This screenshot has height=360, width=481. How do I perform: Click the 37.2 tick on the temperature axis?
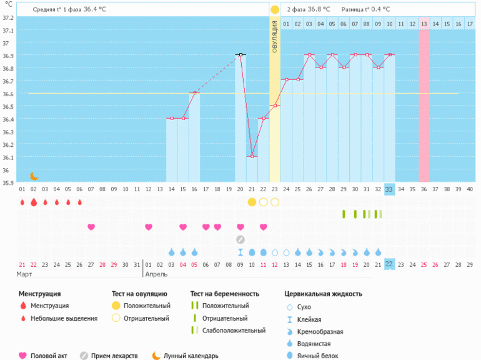coord(8,17)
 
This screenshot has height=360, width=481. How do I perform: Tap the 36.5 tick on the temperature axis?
coord(8,106)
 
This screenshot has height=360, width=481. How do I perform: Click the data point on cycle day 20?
coord(241,55)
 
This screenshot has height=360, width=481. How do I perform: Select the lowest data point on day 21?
coord(252,156)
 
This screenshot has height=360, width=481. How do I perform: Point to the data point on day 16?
coord(195,93)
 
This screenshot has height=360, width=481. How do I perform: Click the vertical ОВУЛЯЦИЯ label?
coord(275,36)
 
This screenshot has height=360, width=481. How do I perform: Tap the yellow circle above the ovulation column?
coord(275,9)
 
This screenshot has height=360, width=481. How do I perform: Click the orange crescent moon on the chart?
coord(34,176)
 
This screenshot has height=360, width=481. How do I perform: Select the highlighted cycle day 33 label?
coord(389,189)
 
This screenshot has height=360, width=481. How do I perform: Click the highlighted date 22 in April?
coord(389,264)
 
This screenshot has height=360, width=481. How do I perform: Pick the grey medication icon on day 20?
coord(241,239)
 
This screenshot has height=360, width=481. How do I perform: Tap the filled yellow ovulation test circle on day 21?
coord(252,202)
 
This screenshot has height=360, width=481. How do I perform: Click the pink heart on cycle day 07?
coord(91,227)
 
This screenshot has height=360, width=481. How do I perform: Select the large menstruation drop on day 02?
coord(34,202)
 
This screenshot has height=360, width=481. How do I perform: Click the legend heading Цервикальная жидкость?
coord(323,293)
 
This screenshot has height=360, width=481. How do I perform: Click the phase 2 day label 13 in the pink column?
coord(424,24)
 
